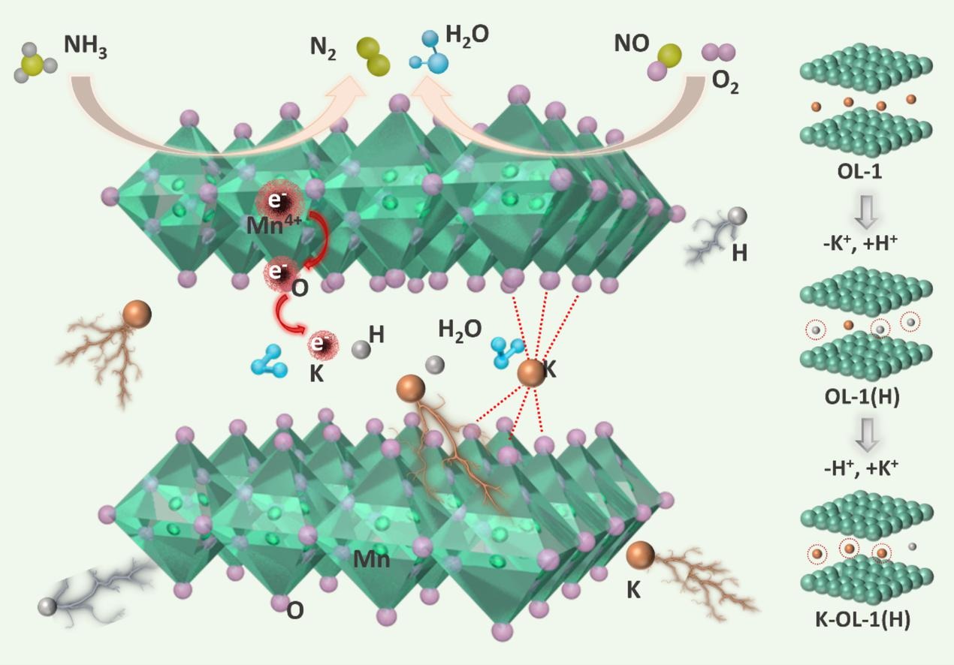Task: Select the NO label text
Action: (631, 44)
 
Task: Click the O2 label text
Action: (725, 83)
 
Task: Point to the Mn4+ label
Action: (274, 224)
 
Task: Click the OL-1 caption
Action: (859, 172)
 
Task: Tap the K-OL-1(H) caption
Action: (862, 620)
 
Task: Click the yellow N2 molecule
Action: (373, 57)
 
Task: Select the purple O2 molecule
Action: (718, 52)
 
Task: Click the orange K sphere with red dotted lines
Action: (531, 373)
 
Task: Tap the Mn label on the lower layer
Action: (371, 558)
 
